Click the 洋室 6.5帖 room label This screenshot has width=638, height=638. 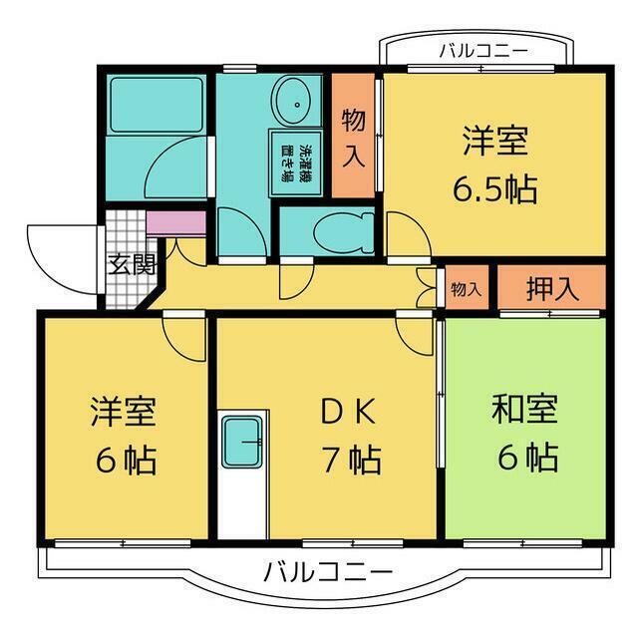tap(493, 162)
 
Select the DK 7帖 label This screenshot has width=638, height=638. tap(350, 434)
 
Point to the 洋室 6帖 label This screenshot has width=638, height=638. tap(124, 434)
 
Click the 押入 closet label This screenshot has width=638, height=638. tap(551, 289)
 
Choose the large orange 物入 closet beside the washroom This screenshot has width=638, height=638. tap(354, 137)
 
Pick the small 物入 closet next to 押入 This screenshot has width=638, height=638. tap(466, 289)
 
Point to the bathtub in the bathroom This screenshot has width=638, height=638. tap(157, 105)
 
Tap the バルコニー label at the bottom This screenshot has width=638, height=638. tap(328, 572)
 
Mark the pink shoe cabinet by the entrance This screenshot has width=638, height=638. tap(175, 221)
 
